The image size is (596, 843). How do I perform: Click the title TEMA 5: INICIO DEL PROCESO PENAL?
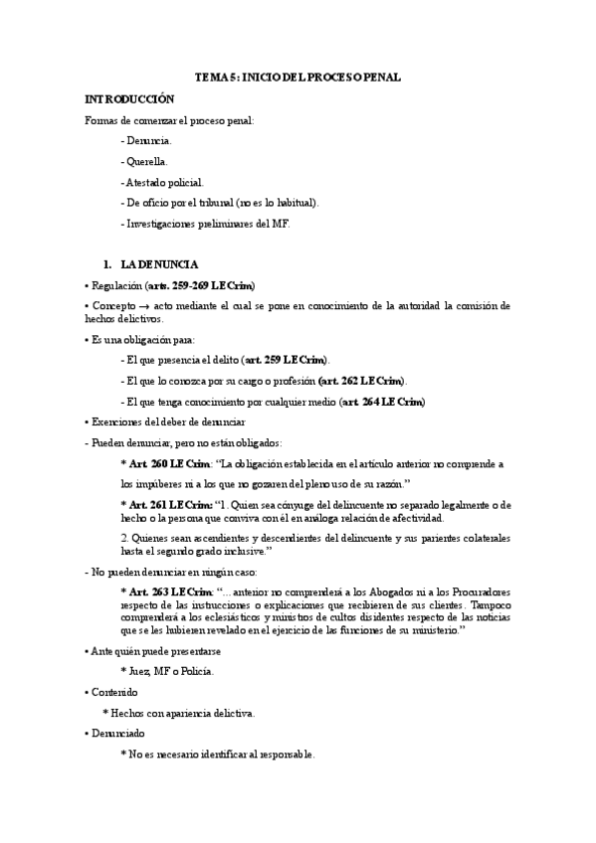pos(298,77)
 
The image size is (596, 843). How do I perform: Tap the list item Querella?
pos(146,161)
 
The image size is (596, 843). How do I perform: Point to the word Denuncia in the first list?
pos(148,141)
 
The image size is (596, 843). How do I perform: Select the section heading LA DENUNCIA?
pos(159,264)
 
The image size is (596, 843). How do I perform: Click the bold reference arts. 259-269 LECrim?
pos(199,285)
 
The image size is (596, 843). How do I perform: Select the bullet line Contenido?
pos(111,692)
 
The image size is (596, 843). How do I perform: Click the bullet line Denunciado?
pos(116,734)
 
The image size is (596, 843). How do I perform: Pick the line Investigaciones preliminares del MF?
pos(205,224)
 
